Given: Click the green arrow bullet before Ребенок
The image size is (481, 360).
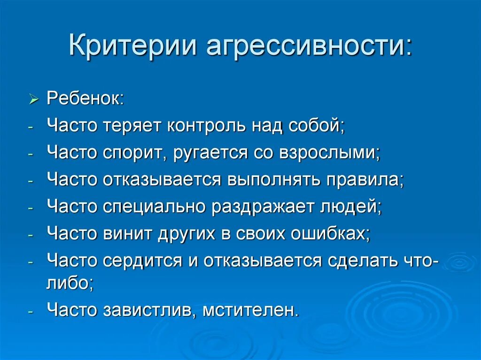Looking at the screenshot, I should click(x=33, y=100).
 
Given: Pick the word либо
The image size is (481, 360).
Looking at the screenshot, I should click(x=70, y=283).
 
